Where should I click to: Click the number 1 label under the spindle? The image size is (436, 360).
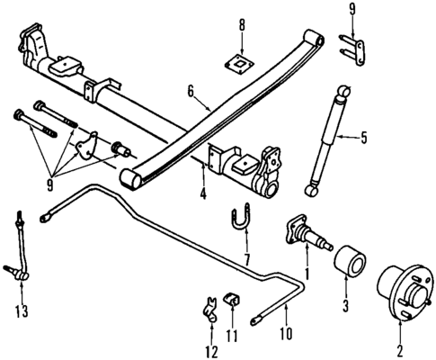[x=307, y=272]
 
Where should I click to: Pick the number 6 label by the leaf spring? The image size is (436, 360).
[x=190, y=91]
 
